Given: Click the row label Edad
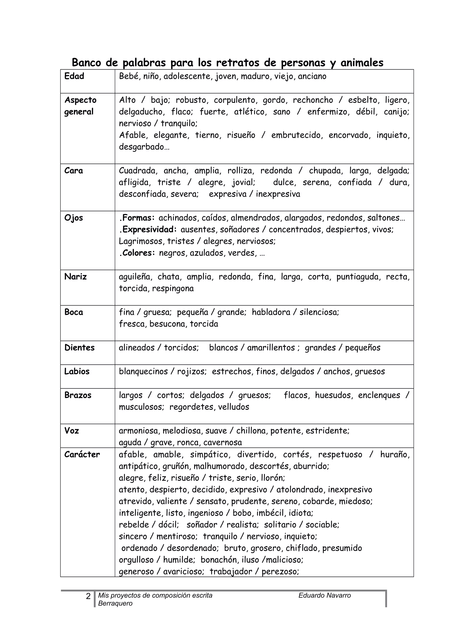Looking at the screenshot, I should click(74, 76).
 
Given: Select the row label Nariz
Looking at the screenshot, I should click(75, 277).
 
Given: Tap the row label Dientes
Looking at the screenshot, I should click(79, 348).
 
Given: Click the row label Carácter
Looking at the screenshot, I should click(82, 454).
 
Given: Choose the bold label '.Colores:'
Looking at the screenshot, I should click(137, 253).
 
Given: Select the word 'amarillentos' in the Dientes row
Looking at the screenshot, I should click(271, 348).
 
